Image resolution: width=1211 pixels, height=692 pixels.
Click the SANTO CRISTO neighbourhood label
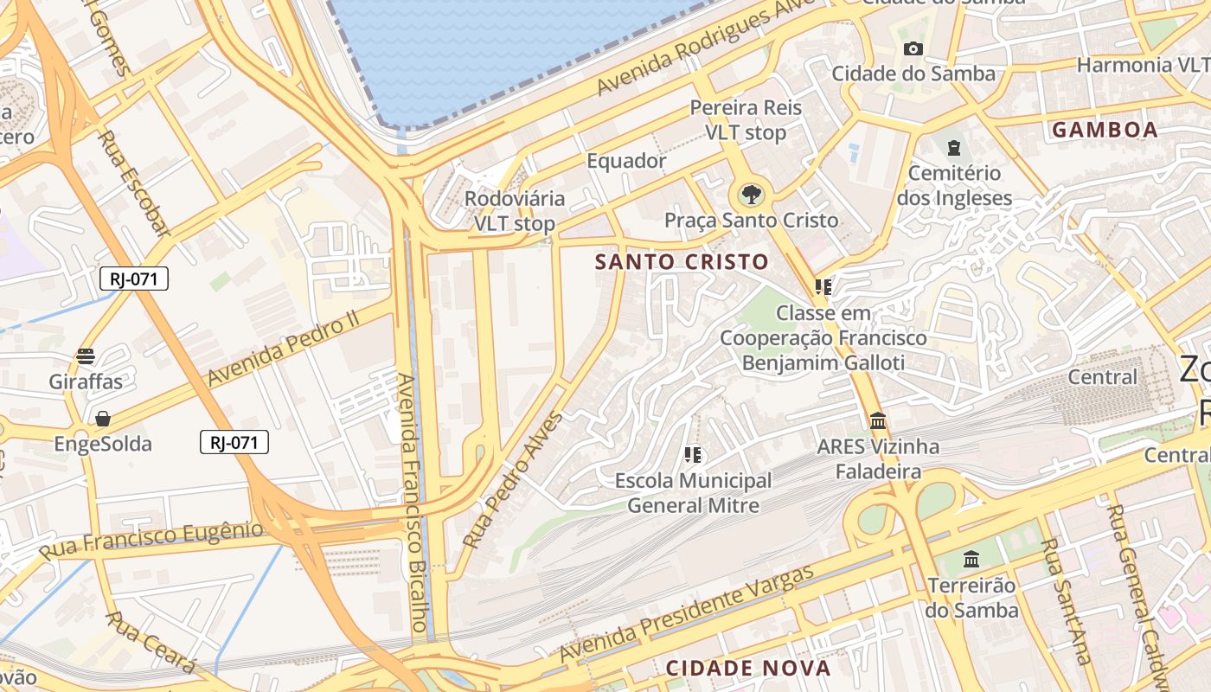click(682, 261)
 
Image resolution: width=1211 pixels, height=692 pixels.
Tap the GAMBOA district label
click(1105, 130)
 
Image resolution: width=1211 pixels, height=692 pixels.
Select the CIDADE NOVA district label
click(748, 668)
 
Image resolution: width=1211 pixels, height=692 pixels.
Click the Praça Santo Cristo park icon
click(751, 195)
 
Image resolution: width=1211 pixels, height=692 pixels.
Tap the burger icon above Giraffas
click(86, 356)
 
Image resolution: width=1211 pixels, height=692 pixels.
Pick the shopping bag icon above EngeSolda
click(103, 420)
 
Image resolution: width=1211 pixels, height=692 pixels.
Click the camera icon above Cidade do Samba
click(913, 48)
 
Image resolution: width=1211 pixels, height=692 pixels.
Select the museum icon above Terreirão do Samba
click(971, 560)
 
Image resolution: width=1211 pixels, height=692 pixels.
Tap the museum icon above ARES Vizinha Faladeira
click(878, 421)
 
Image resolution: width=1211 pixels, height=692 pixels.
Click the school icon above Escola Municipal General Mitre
click(692, 454)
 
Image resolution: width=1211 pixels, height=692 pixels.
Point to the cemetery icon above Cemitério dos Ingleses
click(954, 147)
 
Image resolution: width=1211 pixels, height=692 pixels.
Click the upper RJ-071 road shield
click(134, 279)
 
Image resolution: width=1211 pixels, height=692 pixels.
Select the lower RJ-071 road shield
click(234, 442)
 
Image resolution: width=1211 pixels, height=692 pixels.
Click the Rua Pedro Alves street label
click(513, 479)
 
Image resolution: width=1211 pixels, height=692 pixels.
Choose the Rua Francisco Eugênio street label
click(151, 539)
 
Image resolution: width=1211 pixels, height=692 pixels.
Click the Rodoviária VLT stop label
click(515, 211)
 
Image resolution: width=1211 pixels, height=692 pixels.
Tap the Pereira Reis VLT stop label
click(746, 120)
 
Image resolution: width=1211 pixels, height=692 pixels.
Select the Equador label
click(626, 161)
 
